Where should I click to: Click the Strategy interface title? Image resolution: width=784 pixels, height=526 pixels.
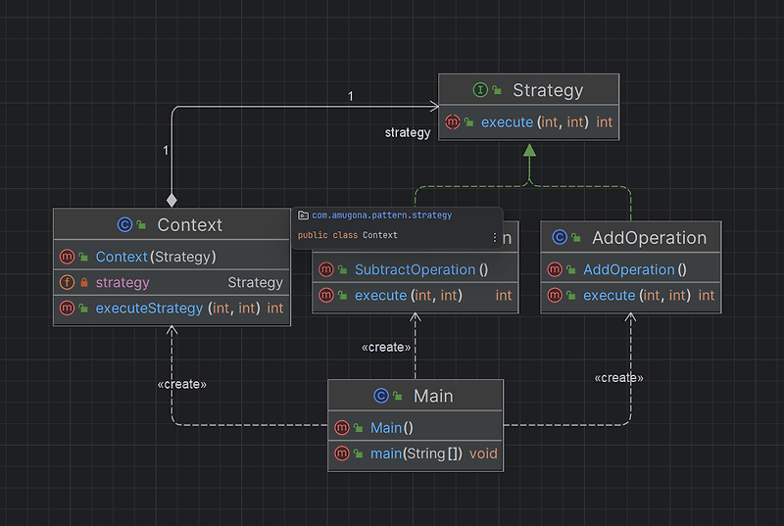547,91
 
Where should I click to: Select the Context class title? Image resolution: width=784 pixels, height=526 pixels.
189,225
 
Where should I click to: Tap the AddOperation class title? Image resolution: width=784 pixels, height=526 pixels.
648,238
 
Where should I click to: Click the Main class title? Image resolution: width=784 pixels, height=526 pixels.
432,396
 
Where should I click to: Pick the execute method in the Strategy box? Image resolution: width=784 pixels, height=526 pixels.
534,122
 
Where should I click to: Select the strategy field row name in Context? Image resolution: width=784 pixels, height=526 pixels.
122,282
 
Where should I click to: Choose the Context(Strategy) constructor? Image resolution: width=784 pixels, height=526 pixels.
155,257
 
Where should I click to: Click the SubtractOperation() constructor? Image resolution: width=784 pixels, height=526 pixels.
420,269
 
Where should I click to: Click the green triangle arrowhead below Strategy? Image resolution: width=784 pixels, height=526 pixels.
529,151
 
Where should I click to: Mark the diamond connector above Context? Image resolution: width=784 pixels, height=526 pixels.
171,200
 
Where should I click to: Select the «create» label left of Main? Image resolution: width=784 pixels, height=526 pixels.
181,384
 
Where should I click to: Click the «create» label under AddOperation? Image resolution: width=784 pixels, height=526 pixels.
618,377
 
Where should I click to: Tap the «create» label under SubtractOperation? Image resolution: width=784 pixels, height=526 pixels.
385,347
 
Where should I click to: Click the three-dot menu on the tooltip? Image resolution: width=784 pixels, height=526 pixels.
493,237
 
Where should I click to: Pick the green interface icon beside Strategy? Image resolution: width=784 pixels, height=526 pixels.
480,91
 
